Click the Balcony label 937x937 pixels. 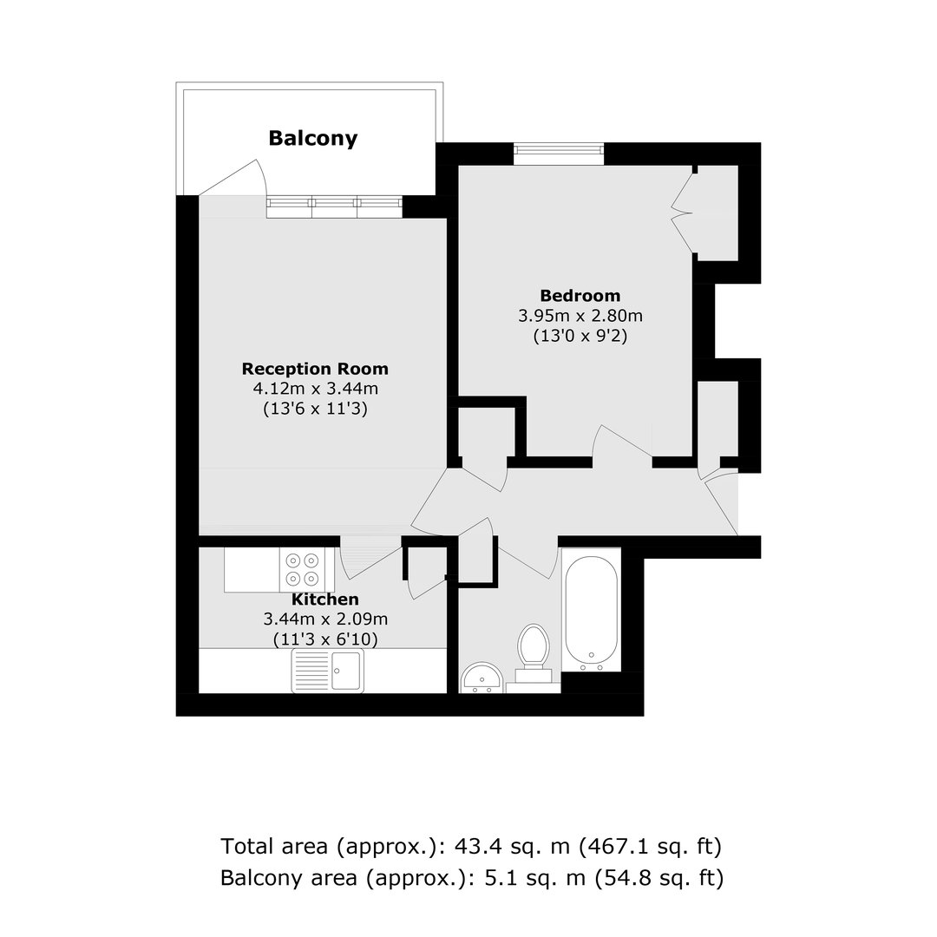(312, 138)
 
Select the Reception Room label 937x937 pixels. (315, 369)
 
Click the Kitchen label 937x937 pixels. (325, 599)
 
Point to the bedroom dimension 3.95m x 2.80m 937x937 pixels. (580, 316)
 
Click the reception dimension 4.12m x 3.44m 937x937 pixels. (316, 389)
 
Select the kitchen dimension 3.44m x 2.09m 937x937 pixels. (325, 619)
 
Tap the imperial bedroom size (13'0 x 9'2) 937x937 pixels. (580, 336)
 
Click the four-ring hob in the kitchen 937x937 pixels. (302, 569)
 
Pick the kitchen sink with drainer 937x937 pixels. (327, 671)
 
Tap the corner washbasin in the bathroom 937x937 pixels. (481, 678)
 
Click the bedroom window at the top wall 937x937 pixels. (559, 154)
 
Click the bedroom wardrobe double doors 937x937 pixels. (684, 212)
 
